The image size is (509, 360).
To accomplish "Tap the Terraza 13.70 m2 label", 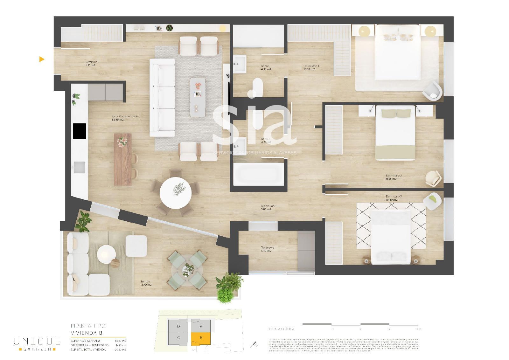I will click(x=146, y=283).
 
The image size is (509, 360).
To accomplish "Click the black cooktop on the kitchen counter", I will click(x=80, y=131).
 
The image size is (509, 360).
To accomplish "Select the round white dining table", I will click(x=176, y=193).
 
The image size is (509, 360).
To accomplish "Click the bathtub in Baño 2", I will click(x=258, y=174).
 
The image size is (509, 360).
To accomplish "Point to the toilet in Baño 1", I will click(x=257, y=87).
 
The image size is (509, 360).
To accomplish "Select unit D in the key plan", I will click(x=178, y=326).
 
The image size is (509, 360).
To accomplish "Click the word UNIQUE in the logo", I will click(x=37, y=341).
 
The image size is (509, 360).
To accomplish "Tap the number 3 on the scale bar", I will click(x=389, y=329).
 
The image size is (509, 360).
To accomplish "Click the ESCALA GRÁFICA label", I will click(x=281, y=329).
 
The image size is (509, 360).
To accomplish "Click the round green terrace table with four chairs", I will click(x=187, y=270).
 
